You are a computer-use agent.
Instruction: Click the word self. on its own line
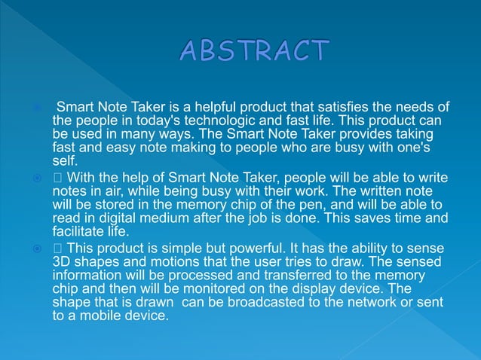(66, 161)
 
